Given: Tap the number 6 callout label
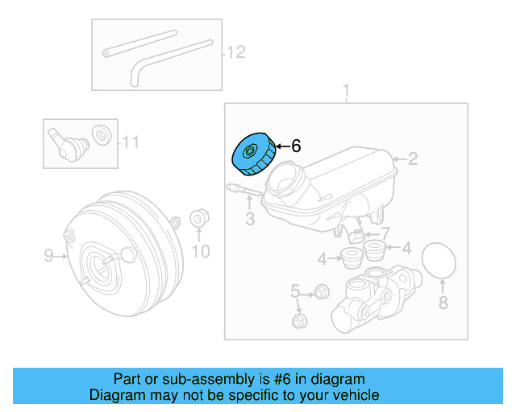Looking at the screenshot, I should (295, 146).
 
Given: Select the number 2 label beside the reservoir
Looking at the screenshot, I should (412, 159).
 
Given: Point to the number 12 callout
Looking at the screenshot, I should (235, 53).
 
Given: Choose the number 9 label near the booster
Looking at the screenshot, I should (48, 256).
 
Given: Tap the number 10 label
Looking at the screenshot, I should (200, 252).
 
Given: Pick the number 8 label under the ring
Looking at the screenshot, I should (442, 303).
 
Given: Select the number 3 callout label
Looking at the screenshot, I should (250, 219).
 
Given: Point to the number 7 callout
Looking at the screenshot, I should (385, 233).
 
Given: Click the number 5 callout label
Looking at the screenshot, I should (296, 290).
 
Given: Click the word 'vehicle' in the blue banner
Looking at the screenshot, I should (349, 395).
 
